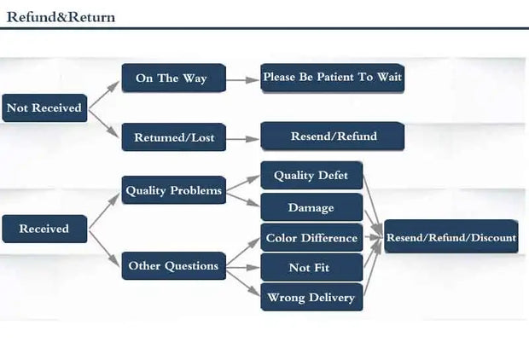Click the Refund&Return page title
(61, 17)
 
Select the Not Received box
(44, 107)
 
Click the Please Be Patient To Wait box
(331, 78)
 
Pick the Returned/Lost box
(173, 136)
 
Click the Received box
(44, 229)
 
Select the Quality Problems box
(173, 190)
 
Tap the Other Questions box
(173, 265)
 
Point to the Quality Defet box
(311, 176)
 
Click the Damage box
(311, 207)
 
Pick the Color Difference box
(311, 238)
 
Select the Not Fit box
(311, 268)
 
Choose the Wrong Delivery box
(311, 298)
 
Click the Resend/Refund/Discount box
(451, 237)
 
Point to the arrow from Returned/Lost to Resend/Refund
(242, 136)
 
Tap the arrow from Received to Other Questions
(104, 247)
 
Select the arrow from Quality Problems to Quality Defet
(242, 183)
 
